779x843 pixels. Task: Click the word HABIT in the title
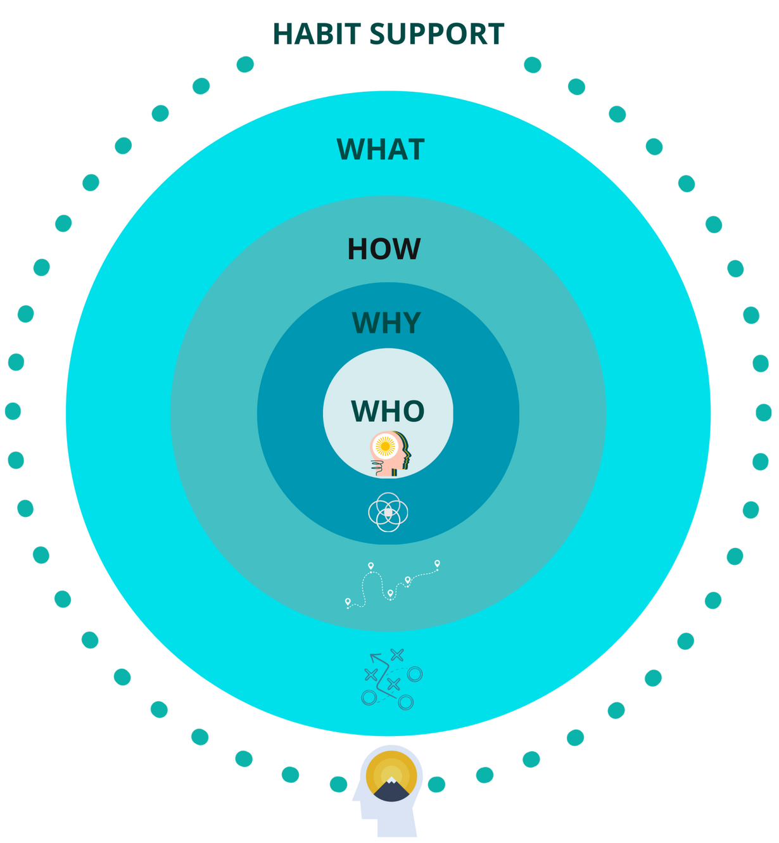pos(315,34)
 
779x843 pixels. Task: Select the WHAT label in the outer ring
pos(381,149)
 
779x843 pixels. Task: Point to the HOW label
pos(384,249)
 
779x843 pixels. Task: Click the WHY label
pos(386,322)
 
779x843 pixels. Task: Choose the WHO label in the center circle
pos(388,411)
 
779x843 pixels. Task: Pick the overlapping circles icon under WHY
pos(388,512)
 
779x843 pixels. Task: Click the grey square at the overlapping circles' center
pos(388,512)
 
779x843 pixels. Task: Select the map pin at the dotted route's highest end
pos(437,563)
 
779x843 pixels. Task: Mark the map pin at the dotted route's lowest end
pos(348,602)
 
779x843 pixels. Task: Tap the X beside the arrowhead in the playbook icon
pos(397,654)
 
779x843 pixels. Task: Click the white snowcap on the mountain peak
pos(392,781)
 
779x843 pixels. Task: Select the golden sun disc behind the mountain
pos(391,770)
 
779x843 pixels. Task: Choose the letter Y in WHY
pos(409,322)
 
